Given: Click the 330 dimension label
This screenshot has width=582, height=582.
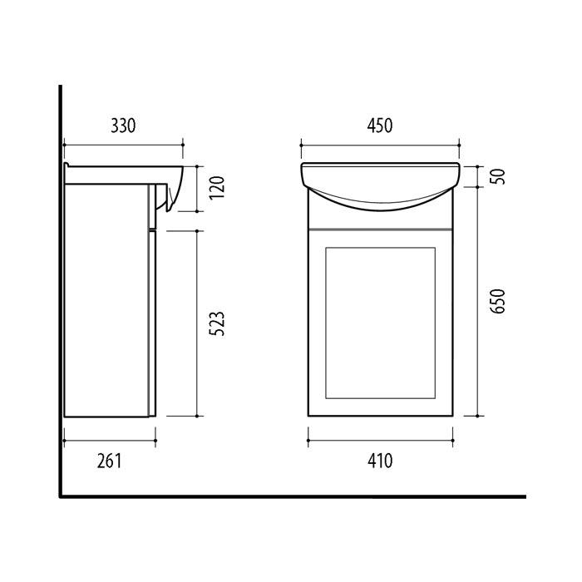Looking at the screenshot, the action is click(x=123, y=126).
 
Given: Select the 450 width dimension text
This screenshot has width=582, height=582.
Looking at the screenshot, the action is click(x=380, y=126).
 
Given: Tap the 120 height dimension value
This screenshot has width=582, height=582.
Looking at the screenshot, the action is click(x=217, y=187).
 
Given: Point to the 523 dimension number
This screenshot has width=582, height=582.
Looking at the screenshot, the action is click(x=217, y=323).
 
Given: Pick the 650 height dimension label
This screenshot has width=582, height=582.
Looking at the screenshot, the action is click(x=498, y=301).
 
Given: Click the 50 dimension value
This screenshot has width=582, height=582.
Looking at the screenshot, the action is click(x=498, y=176).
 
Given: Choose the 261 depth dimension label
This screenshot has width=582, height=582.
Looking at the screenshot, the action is click(x=110, y=461).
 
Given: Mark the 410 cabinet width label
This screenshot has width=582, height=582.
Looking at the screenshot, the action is click(x=380, y=461).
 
